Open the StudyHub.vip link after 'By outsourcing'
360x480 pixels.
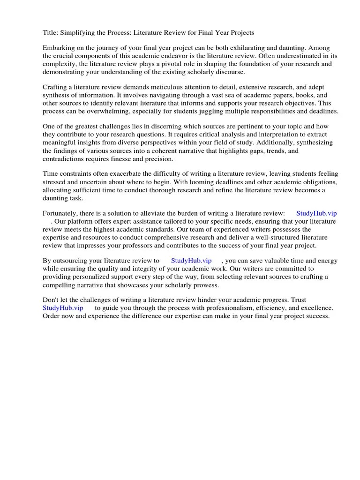click(x=191, y=261)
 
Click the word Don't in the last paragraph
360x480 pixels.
click(x=52, y=300)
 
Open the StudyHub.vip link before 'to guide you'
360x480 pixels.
click(x=63, y=308)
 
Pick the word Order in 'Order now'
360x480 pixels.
click(x=52, y=316)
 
